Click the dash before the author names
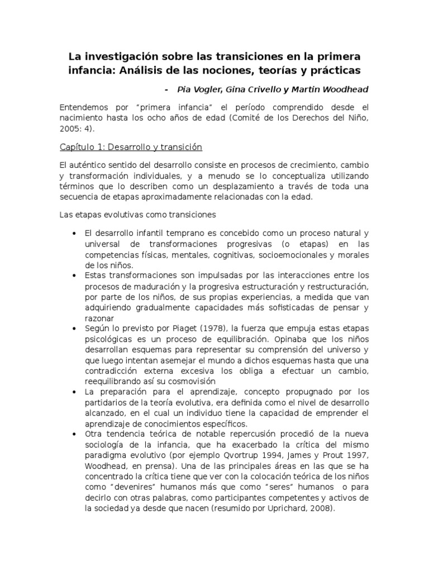[167, 89]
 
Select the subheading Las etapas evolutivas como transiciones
[137, 214]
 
